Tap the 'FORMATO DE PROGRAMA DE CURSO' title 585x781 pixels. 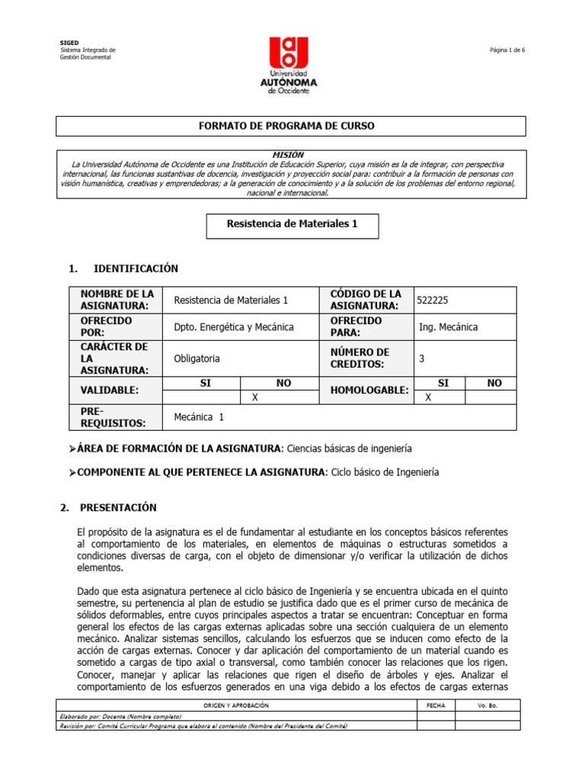292,126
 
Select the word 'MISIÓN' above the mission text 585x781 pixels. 292,154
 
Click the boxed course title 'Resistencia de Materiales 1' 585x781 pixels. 292,224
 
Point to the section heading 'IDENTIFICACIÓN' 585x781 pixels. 135,268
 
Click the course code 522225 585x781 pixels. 438,301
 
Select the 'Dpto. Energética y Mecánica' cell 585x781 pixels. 234,327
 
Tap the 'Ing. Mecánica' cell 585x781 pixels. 449,327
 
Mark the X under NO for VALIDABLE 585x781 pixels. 255,397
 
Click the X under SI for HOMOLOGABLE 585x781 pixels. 428,397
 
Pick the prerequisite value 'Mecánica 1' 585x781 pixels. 199,417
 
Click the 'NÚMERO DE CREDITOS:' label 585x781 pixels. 361,358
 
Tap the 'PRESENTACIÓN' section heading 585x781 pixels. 124,507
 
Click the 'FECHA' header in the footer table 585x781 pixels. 436,706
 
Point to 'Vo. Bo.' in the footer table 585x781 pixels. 487,706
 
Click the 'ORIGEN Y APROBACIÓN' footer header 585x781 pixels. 238,706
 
